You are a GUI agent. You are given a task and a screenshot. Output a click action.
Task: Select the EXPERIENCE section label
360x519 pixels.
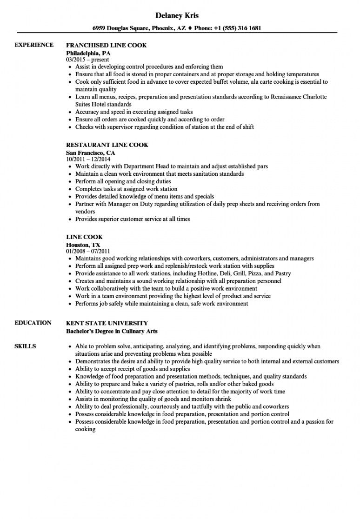pyautogui.click(x=34, y=45)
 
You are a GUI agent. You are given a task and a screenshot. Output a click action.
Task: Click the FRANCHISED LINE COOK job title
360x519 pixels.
pyautogui.click(x=107, y=45)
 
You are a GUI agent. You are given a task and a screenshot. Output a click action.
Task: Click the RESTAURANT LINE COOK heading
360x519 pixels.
pyautogui.click(x=107, y=145)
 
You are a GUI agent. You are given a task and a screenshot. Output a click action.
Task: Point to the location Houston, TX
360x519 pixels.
pyautogui.click(x=83, y=244)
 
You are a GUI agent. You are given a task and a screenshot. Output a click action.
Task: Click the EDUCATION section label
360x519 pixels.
pyautogui.click(x=33, y=323)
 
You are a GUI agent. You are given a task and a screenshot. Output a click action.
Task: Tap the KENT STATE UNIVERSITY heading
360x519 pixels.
pyautogui.click(x=107, y=323)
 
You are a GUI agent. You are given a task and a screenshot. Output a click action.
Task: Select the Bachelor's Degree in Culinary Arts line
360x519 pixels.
pyautogui.click(x=112, y=331)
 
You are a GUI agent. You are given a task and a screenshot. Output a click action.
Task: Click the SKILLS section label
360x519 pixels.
pyautogui.click(x=26, y=346)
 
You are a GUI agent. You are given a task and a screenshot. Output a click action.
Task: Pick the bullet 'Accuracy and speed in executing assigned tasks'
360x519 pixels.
pyautogui.click(x=134, y=112)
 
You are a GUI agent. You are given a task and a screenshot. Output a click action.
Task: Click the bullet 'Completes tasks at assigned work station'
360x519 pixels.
pyautogui.click(x=126, y=189)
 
